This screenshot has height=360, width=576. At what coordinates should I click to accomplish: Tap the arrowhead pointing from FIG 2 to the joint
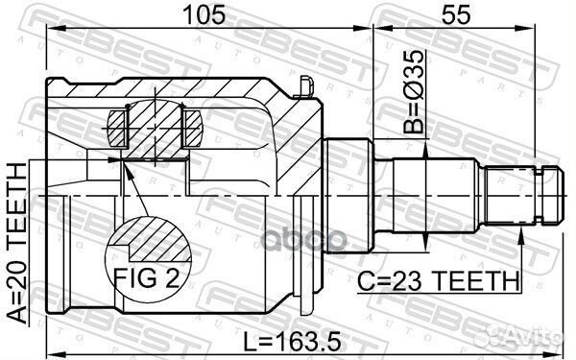point(125,169)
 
